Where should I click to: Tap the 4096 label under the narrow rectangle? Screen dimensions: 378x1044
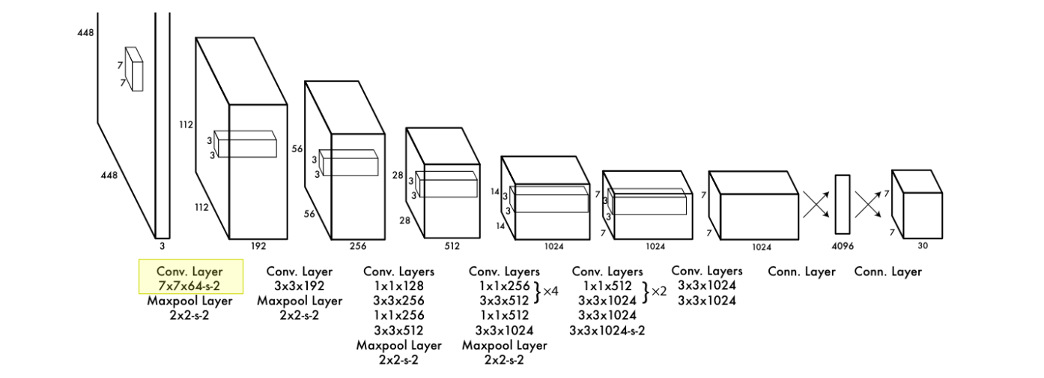point(843,244)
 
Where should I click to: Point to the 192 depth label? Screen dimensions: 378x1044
point(258,245)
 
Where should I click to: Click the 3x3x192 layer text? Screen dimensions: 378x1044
point(300,286)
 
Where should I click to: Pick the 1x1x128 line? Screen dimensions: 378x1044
point(398,286)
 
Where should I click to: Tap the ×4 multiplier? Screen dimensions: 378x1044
point(550,291)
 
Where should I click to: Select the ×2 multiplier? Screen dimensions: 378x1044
point(659,291)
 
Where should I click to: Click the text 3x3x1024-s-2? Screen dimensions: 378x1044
point(607,329)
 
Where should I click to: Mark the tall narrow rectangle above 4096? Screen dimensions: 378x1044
point(843,205)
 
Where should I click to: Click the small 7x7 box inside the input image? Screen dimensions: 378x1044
point(134,69)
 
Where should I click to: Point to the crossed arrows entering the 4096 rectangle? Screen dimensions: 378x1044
point(816,203)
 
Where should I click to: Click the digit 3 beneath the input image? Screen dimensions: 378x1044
point(162,244)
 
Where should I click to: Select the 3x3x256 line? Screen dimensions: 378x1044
point(398,300)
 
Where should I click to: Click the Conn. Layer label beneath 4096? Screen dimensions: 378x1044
point(801,271)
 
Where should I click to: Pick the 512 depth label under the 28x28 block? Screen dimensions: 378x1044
point(452,244)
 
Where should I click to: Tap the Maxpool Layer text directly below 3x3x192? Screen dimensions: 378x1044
point(300,300)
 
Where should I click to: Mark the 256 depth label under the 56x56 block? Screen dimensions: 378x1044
point(357,245)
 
